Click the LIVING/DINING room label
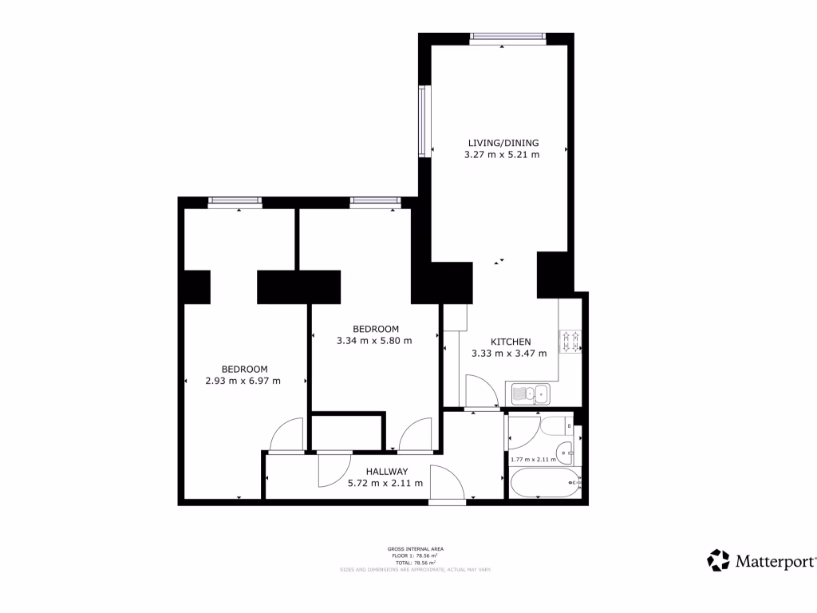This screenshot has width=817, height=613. click(503, 143)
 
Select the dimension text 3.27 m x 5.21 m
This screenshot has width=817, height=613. click(502, 155)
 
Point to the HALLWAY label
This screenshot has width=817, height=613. click(387, 471)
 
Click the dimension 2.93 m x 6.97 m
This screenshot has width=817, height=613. click(243, 381)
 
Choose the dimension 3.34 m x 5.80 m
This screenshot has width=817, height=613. click(374, 341)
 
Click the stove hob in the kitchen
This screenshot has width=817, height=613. click(571, 342)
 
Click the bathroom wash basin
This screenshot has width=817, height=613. click(566, 453)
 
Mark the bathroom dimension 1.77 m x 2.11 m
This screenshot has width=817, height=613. click(533, 459)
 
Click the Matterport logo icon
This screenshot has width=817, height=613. click(719, 560)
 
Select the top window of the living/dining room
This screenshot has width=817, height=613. click(507, 38)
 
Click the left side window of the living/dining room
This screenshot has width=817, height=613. click(424, 121)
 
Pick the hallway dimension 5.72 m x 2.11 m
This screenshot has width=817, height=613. click(385, 483)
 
